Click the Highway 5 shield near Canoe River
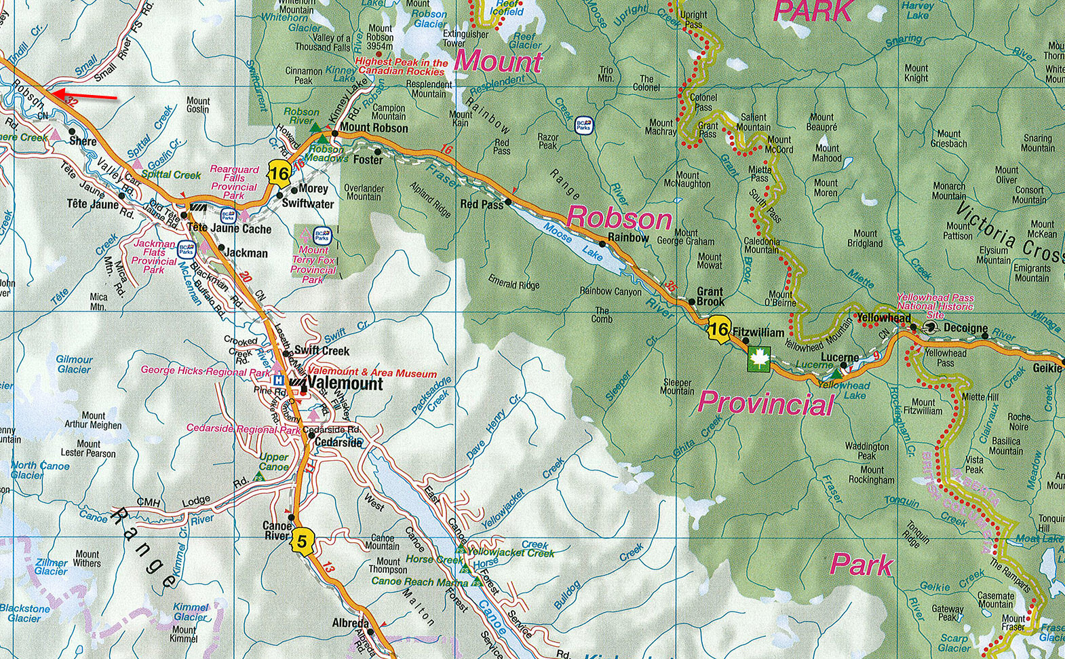(303, 542)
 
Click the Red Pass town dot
(508, 202)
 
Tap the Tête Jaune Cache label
(229, 229)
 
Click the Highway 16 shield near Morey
(278, 174)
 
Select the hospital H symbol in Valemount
(278, 381)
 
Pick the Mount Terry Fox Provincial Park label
(313, 265)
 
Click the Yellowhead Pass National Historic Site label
(935, 306)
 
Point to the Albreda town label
(350, 623)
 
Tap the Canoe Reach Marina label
(419, 582)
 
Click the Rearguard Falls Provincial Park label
(234, 183)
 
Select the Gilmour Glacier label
(74, 364)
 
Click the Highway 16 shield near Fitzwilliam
(718, 331)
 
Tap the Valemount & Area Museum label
(372, 373)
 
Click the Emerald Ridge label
(514, 284)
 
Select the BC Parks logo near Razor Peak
(583, 124)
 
